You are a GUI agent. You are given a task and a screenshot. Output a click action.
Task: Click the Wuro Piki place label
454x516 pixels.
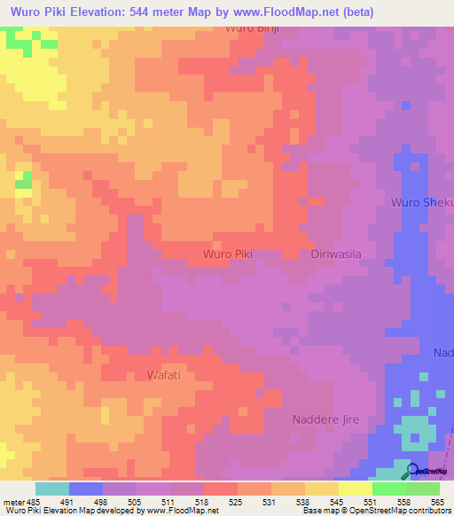point(228,254)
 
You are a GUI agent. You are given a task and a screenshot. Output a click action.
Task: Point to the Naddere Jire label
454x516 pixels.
point(325,419)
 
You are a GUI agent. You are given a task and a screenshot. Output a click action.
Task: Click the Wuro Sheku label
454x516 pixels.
point(422,203)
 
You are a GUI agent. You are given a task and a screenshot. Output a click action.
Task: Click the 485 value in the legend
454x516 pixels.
point(30,502)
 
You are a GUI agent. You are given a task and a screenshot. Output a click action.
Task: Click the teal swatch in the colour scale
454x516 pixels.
point(51,489)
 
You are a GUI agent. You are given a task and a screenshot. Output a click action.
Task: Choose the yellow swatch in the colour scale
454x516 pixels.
point(355,489)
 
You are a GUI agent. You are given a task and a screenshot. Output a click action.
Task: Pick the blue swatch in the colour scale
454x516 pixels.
point(85,489)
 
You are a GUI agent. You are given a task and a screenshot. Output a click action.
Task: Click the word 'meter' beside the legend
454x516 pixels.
point(12,502)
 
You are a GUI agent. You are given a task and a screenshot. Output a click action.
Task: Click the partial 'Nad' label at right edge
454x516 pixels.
point(442,353)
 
